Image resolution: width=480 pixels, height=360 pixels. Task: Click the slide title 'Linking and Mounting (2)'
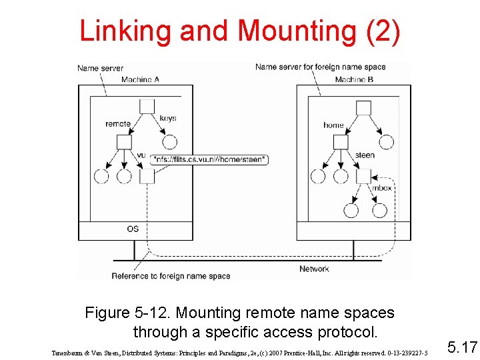click(240, 31)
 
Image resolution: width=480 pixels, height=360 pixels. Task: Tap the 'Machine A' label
click(140, 79)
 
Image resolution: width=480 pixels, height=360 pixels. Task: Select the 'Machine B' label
click(354, 79)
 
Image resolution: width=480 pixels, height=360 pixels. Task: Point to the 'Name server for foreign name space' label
click(320, 67)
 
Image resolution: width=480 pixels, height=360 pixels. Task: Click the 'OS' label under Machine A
click(133, 229)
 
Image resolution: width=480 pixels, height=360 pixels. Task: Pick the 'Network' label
click(314, 269)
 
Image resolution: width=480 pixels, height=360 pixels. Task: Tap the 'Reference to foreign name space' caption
click(171, 275)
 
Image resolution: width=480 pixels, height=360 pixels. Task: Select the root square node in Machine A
click(147, 107)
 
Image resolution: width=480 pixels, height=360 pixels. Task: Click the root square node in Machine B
click(363, 107)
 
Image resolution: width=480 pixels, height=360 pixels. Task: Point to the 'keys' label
click(168, 118)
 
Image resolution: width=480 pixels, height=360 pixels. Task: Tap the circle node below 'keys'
click(170, 141)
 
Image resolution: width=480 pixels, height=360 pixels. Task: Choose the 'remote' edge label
click(118, 123)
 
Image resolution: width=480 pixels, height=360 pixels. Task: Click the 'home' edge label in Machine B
click(333, 125)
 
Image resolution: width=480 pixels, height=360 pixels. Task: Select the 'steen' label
click(365, 155)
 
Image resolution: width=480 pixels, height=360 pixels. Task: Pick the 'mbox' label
click(382, 187)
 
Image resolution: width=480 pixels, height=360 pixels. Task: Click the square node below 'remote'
click(125, 142)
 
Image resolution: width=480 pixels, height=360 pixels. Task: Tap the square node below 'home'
click(341, 142)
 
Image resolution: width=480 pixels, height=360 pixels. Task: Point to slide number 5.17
click(462, 347)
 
